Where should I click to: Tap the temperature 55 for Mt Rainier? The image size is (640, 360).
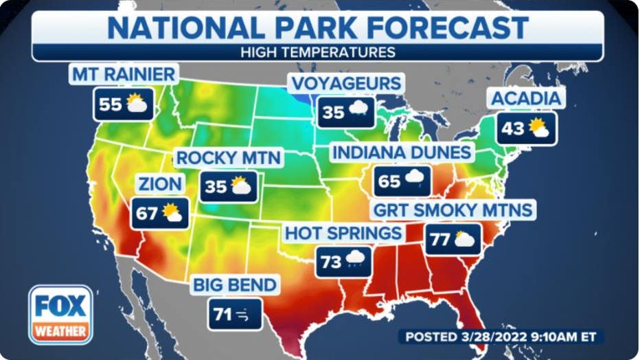(x=110, y=104)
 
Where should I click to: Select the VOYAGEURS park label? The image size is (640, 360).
(x=346, y=84)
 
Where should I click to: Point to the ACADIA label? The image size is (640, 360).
(x=526, y=98)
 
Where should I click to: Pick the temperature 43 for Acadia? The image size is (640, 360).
(x=512, y=128)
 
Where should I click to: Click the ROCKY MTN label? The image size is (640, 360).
(x=229, y=158)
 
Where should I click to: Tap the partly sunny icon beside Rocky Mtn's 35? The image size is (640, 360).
(x=240, y=186)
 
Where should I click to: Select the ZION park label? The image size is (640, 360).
(x=159, y=183)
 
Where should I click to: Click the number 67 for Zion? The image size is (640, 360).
(x=146, y=214)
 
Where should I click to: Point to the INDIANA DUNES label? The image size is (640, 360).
(x=402, y=153)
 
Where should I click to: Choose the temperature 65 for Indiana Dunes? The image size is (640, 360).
(x=389, y=182)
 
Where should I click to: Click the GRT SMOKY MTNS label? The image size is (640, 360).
(x=453, y=209)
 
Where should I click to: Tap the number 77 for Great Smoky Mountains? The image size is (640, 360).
(x=439, y=240)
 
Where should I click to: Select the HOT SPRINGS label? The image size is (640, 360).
(x=343, y=233)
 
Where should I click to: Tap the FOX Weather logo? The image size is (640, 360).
(x=60, y=314)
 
